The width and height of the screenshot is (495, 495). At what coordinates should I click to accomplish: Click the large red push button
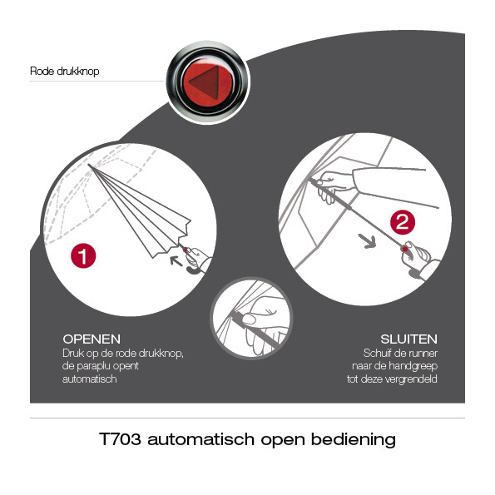(x=208, y=82)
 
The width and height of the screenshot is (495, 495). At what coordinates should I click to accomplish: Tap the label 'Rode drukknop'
(x=65, y=71)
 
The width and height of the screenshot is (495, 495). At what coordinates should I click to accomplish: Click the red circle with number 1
(x=83, y=255)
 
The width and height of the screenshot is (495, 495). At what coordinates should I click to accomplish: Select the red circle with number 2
(x=403, y=222)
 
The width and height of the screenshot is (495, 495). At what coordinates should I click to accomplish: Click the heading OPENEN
(x=92, y=339)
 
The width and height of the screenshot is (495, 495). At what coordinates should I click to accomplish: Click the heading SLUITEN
(x=408, y=339)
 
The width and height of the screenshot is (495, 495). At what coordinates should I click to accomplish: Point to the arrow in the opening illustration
(x=176, y=260)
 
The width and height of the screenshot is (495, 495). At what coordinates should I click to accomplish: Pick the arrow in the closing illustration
(x=368, y=241)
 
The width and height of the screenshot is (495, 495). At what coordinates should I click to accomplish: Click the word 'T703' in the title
(x=120, y=439)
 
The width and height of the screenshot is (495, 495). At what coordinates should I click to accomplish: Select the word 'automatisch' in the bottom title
(x=200, y=439)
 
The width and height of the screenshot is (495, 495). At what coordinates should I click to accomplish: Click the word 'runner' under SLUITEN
(x=423, y=354)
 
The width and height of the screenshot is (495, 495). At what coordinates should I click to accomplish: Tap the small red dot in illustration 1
(x=185, y=250)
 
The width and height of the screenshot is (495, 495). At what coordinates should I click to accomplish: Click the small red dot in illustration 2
(x=404, y=249)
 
